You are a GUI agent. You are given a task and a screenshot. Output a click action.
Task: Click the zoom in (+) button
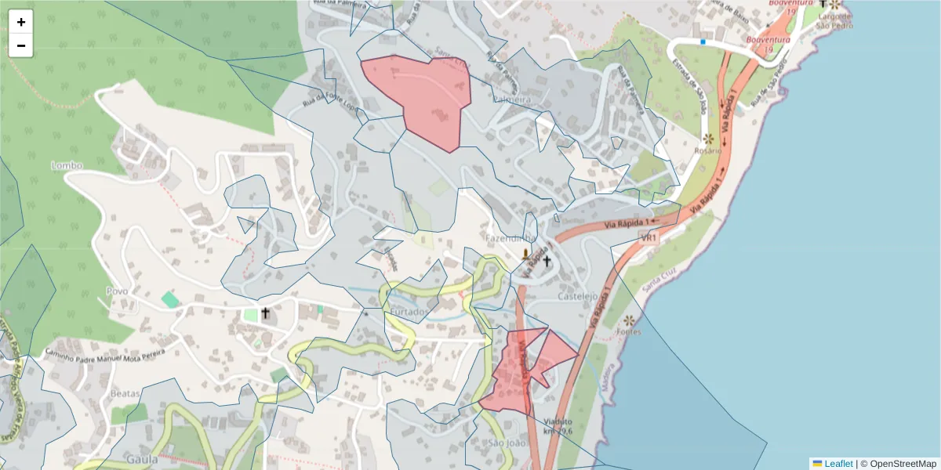(x=21, y=22)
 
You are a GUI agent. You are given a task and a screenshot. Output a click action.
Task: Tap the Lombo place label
(x=67, y=165)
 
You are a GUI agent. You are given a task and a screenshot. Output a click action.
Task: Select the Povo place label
(x=117, y=291)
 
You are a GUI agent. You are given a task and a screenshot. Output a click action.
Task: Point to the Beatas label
(x=125, y=393)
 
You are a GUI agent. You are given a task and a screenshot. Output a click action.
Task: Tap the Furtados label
(x=409, y=311)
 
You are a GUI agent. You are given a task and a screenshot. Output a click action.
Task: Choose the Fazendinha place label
(x=510, y=238)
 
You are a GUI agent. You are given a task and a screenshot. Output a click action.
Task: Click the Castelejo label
(x=578, y=297)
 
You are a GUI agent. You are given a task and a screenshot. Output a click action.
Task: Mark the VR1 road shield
(x=648, y=237)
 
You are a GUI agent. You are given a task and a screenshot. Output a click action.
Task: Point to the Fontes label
(x=629, y=331)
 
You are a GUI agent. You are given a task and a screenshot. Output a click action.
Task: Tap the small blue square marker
(x=703, y=42)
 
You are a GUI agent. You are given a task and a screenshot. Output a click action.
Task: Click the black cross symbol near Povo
(x=265, y=314)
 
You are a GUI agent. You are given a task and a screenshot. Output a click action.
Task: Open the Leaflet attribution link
(x=838, y=464)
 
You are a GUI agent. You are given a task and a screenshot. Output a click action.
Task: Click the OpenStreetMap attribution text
(x=903, y=464)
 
